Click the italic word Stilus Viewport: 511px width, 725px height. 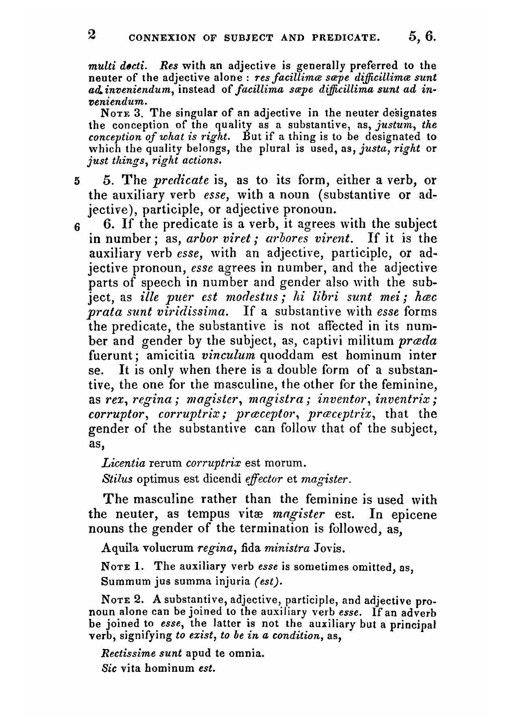pos(117,479)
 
